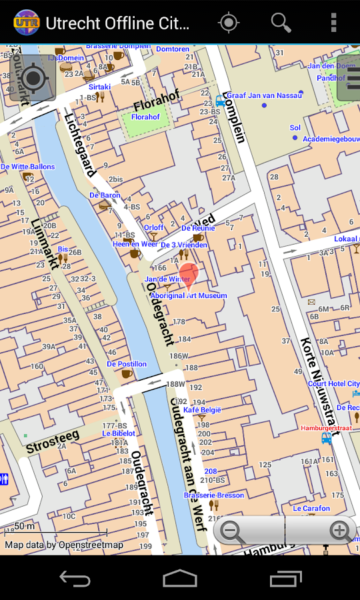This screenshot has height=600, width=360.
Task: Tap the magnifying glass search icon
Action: coord(281,23)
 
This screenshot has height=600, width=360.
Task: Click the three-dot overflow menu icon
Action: coord(333,23)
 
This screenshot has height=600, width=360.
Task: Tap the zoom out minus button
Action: coord(232,531)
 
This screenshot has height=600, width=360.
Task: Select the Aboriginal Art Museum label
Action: coord(189,295)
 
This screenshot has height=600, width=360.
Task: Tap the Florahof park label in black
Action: coord(157,103)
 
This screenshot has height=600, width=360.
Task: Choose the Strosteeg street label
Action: coord(53,442)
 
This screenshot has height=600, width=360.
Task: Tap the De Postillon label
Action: coord(127,364)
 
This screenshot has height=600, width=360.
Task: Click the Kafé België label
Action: coord(202,410)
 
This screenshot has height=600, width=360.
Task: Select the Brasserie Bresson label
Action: coord(215,495)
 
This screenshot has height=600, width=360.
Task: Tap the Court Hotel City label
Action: coord(333,384)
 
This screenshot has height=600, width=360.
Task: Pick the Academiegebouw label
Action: coord(331,139)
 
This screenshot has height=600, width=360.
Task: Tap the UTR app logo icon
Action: coord(27,23)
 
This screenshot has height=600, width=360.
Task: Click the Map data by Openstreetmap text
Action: coord(64,545)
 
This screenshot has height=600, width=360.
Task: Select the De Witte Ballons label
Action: coord(27,167)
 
